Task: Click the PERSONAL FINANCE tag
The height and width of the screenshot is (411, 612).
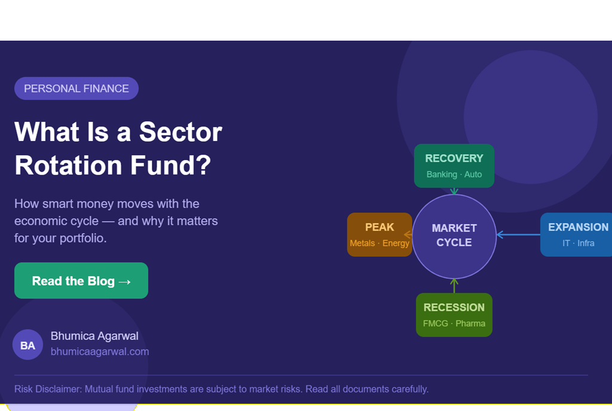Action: [76, 88]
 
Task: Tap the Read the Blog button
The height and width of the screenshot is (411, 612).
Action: [81, 281]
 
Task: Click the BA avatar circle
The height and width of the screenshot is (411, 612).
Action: [27, 345]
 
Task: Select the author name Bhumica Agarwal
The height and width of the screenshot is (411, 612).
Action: [94, 336]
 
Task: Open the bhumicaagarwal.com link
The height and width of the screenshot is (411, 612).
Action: [100, 351]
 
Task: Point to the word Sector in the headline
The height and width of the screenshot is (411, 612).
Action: [180, 131]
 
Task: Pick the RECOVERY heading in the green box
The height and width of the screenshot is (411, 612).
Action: [454, 158]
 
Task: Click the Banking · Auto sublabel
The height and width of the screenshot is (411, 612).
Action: [454, 174]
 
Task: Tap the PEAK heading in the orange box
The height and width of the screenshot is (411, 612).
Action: [380, 227]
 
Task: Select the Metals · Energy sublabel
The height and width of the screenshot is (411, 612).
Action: [380, 243]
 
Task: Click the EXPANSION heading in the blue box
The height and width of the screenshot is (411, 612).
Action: [578, 227]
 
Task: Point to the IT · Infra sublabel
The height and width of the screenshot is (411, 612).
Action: [578, 243]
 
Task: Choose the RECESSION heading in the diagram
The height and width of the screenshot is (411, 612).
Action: [454, 307]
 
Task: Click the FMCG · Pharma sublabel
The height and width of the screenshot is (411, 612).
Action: [454, 323]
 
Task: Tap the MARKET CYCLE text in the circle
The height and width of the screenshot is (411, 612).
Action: [454, 235]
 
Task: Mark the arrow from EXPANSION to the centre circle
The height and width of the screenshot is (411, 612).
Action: [518, 235]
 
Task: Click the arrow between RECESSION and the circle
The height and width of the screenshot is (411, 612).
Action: [454, 286]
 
